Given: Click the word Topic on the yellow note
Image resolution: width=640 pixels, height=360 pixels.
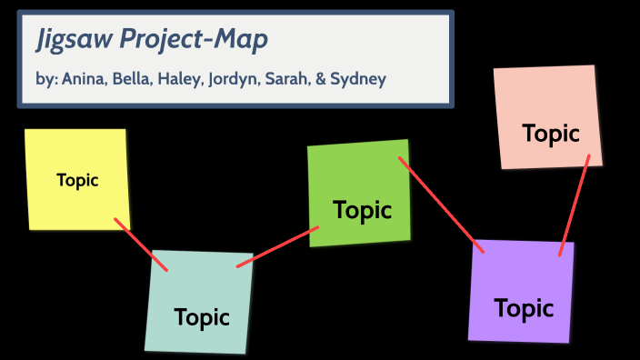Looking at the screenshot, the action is click(77, 180).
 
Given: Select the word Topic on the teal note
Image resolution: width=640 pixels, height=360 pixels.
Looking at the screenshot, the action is click(202, 317).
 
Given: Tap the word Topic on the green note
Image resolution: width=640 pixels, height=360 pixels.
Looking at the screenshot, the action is click(363, 210).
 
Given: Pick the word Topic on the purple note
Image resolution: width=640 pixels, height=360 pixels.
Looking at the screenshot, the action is click(524, 308).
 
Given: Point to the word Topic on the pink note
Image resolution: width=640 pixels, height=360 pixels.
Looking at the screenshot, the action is click(551, 133).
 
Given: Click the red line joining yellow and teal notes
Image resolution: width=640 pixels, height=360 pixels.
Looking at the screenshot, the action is click(141, 245).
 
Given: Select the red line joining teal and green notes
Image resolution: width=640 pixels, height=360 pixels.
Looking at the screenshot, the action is click(277, 246).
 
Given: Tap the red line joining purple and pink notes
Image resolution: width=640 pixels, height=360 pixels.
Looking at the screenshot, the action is click(575, 205).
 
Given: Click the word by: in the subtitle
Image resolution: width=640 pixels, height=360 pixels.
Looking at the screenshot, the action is click(46, 79).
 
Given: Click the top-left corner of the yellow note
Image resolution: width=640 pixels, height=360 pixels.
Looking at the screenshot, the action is click(26, 131).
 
